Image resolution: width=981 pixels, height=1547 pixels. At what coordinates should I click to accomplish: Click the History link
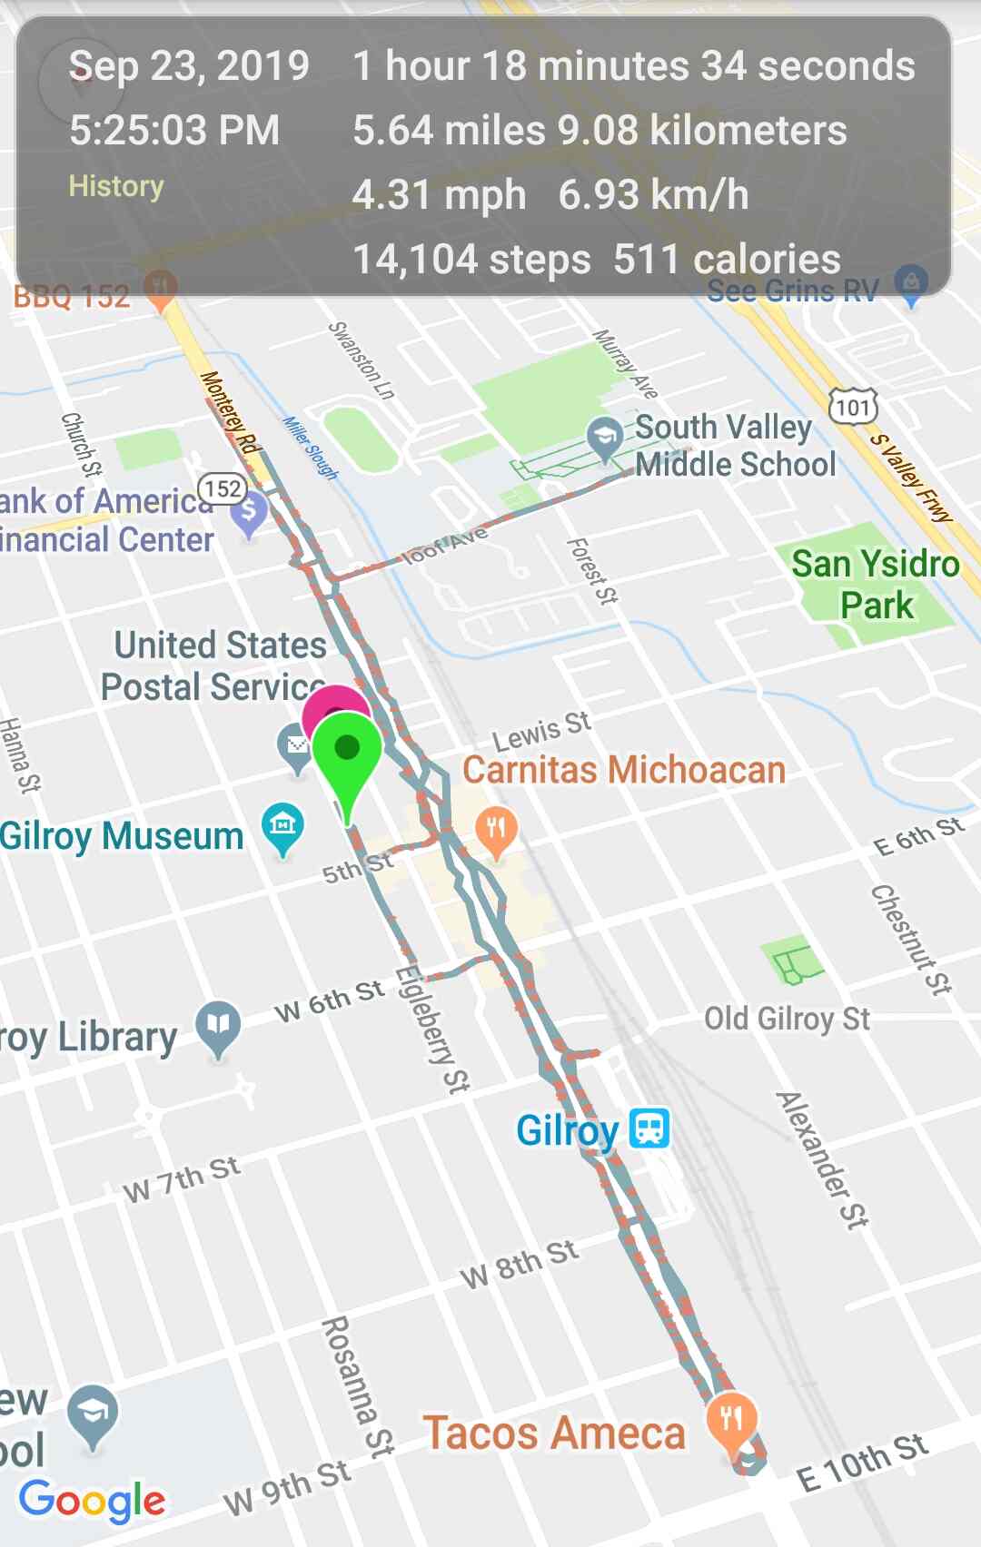[116, 186]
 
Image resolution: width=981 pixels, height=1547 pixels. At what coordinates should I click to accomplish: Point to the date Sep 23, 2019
[189, 66]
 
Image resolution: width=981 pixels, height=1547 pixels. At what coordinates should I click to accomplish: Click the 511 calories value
[727, 260]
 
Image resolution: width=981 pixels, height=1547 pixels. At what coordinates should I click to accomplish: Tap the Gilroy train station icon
[649, 1128]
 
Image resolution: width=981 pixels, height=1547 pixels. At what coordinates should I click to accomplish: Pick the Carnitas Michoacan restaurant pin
[496, 830]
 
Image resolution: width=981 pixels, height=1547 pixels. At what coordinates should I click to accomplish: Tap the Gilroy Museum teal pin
[282, 825]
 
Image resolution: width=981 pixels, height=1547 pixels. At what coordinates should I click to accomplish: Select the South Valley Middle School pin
[604, 437]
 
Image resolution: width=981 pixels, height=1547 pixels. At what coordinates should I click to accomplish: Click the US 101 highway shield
[853, 407]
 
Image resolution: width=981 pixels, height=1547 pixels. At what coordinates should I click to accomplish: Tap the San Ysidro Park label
[876, 585]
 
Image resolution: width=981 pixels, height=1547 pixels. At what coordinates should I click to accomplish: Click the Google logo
[92, 1501]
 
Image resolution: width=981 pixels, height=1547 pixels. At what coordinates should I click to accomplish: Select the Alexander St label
[822, 1159]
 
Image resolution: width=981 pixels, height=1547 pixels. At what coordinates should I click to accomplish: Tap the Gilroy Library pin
[218, 1026]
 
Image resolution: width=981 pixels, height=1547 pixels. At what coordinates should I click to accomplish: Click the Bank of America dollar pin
[248, 512]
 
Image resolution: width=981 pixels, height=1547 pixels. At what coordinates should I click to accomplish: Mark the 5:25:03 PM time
[174, 130]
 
